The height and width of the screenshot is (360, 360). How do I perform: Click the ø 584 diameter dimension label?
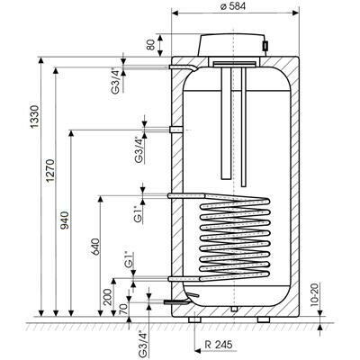[x=232, y=6]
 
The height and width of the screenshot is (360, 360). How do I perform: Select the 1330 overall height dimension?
[x=36, y=117]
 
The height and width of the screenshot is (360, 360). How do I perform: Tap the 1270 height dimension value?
[x=50, y=170]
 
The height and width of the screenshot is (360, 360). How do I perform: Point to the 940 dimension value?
[x=65, y=220]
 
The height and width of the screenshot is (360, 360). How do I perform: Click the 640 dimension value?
[x=94, y=247]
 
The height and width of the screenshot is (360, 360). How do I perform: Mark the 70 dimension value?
[x=124, y=308]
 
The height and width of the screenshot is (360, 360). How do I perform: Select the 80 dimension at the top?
[x=152, y=45]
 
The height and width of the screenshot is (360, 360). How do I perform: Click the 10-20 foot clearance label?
[x=314, y=294]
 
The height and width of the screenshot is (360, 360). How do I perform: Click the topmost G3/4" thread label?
[x=116, y=81]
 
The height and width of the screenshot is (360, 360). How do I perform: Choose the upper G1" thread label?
[x=138, y=214]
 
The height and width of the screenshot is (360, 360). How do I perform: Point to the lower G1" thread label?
[x=129, y=260]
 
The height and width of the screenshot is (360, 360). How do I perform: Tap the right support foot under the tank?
[x=264, y=319]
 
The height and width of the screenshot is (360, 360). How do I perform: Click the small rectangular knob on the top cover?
[x=265, y=45]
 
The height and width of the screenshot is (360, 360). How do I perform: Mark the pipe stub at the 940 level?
[x=175, y=130]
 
